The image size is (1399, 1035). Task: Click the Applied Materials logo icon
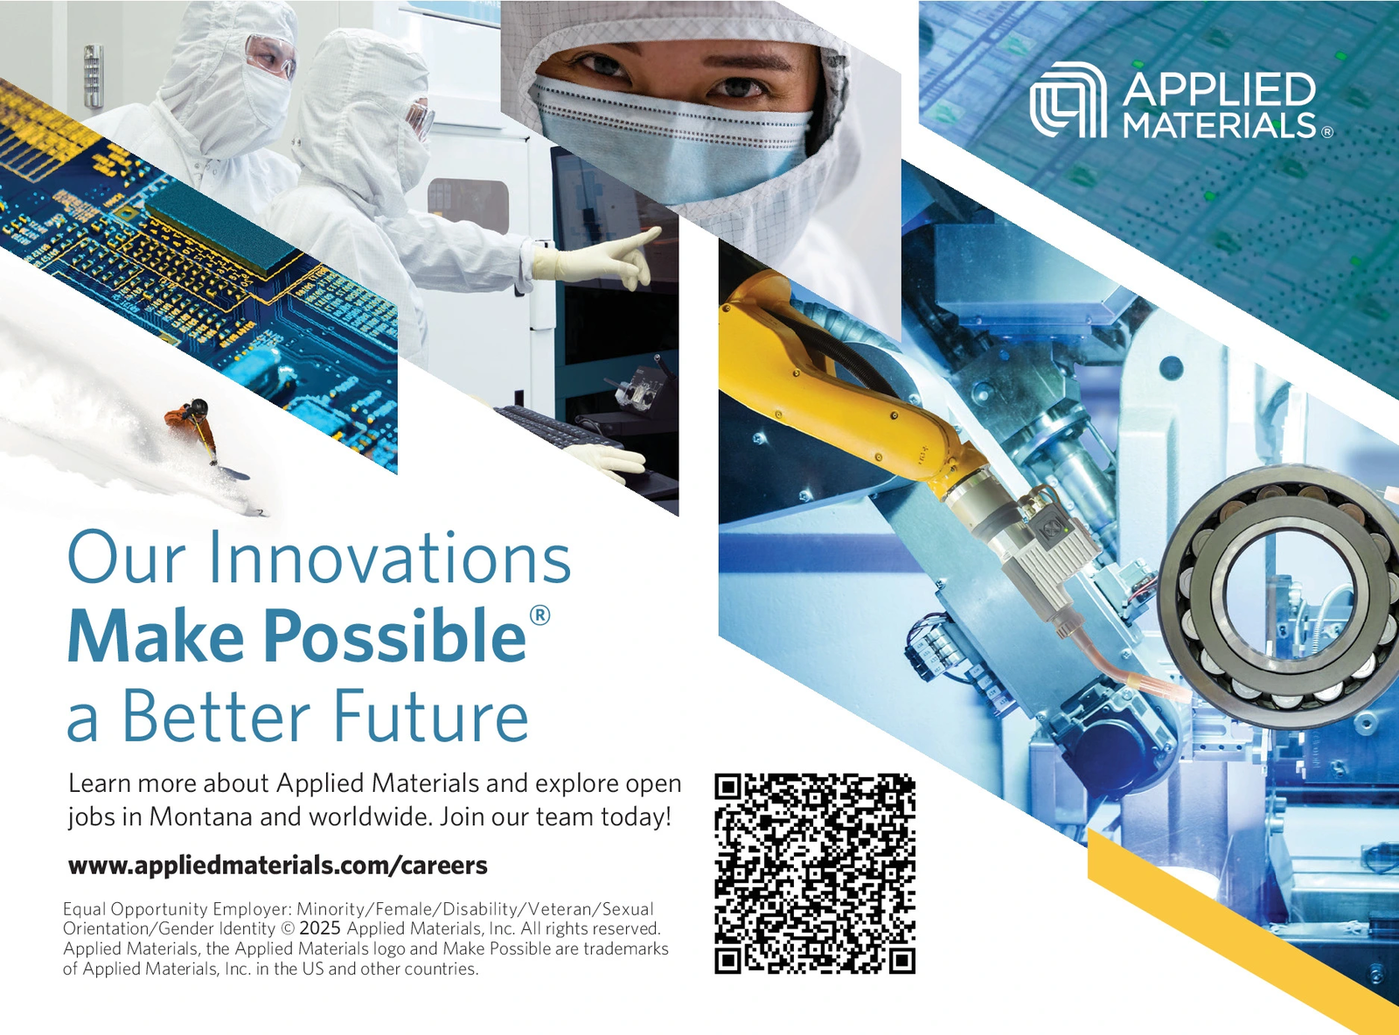(1068, 101)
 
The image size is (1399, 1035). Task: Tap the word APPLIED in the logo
(1219, 89)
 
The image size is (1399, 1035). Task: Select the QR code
(815, 873)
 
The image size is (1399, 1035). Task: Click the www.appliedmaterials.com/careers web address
(278, 865)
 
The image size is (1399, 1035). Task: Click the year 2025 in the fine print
(320, 928)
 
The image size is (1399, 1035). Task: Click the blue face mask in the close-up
(673, 140)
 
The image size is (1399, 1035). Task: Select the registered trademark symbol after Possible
(540, 615)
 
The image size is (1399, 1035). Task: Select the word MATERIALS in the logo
(1219, 126)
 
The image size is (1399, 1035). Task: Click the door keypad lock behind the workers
(93, 76)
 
